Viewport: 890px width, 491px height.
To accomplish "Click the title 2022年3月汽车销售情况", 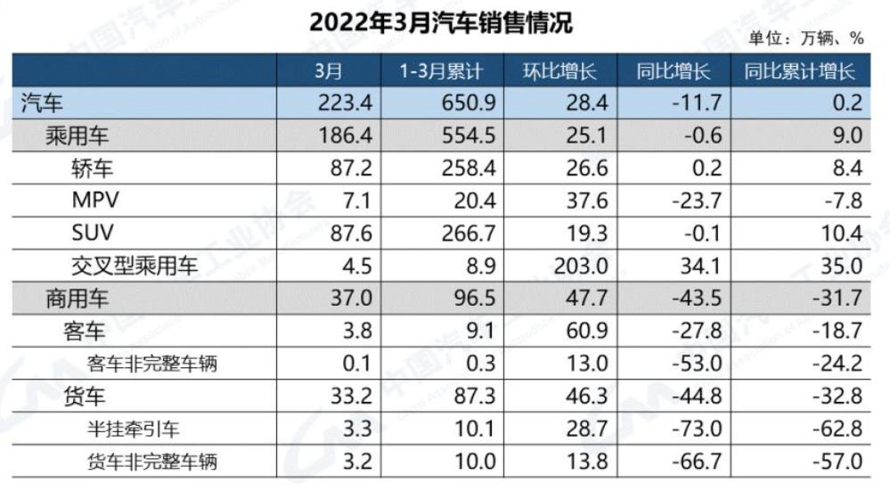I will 441,21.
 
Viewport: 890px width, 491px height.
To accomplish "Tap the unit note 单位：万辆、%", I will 806,38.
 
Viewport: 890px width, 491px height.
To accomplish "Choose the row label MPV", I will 95,200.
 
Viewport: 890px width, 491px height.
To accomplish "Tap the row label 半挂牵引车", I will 135,428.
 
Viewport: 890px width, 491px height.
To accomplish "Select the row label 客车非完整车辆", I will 152,363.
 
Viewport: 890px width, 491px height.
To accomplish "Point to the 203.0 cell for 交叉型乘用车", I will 584,266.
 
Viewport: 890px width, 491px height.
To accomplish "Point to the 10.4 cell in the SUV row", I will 842,233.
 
